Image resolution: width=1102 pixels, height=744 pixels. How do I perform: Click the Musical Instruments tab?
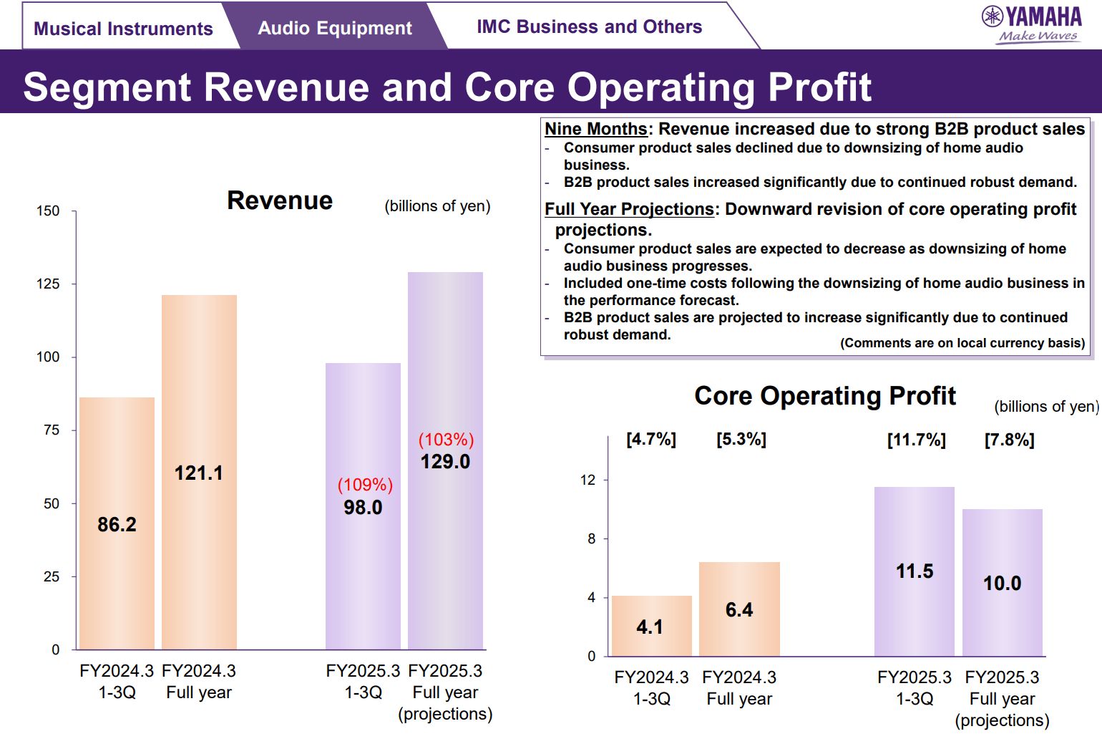(x=123, y=29)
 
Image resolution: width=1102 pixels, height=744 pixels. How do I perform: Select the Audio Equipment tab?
(x=334, y=28)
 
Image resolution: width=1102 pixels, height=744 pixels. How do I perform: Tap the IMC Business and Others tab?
(x=589, y=26)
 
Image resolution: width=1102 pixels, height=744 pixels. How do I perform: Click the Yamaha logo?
(x=1032, y=24)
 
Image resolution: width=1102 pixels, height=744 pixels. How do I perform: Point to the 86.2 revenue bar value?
(x=117, y=524)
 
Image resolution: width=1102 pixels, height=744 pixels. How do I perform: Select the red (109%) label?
(x=365, y=485)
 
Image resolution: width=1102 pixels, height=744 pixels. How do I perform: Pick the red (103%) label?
(x=446, y=440)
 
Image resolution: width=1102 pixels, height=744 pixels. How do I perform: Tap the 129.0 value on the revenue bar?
(x=445, y=462)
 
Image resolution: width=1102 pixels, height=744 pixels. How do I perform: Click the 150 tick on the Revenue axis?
(x=48, y=211)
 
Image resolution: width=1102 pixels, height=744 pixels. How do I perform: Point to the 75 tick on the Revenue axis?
(x=52, y=430)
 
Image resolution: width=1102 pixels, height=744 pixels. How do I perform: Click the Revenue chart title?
(x=280, y=201)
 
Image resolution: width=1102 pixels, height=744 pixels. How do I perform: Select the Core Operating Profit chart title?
(x=825, y=396)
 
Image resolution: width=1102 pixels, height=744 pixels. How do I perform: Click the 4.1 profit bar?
(x=651, y=626)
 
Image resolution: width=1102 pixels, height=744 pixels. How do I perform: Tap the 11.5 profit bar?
(x=915, y=571)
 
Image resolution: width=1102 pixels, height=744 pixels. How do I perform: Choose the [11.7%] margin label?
(x=916, y=440)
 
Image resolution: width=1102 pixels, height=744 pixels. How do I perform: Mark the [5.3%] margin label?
(x=741, y=439)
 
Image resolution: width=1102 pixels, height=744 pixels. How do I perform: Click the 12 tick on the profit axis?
(x=587, y=480)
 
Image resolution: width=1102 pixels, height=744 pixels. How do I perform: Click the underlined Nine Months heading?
(x=595, y=129)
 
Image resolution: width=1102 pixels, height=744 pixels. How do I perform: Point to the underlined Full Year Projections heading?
(x=629, y=209)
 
